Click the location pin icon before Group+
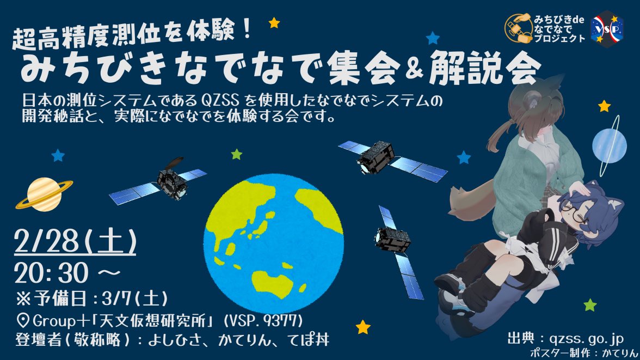click(22, 319)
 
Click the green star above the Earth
click(236, 154)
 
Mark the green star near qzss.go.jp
click(590, 304)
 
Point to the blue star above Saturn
click(58, 156)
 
